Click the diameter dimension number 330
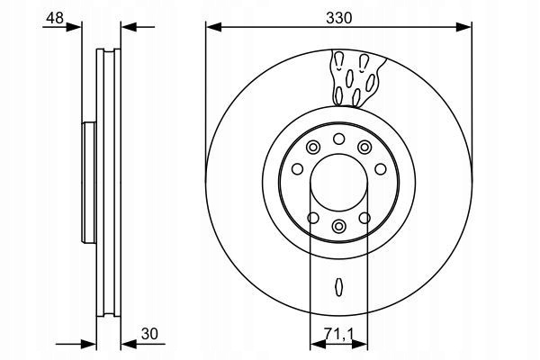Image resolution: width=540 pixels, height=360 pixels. [339, 18]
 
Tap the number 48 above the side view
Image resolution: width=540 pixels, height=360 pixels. [55, 18]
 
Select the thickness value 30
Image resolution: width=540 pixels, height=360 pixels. [149, 334]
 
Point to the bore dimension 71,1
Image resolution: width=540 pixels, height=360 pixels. [339, 334]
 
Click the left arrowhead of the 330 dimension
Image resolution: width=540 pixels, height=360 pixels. [213, 27]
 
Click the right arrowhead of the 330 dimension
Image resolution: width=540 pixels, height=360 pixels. [463, 27]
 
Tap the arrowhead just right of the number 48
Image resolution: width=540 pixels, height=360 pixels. [74, 27]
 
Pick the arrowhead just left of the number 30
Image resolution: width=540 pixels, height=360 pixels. [129, 346]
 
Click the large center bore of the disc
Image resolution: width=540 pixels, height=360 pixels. [339, 183]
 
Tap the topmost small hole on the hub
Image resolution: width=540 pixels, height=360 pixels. [339, 139]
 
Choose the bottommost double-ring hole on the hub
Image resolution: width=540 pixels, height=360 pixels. [339, 226]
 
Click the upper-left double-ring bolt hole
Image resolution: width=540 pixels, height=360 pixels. [313, 148]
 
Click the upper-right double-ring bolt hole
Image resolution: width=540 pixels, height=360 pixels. [364, 148]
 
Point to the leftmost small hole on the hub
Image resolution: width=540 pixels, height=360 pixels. [297, 169]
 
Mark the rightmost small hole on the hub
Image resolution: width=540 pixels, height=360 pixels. [381, 169]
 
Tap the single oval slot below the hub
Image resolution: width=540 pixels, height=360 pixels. [339, 286]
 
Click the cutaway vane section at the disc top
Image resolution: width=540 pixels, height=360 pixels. [356, 78]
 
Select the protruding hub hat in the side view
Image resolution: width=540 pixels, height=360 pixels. [89, 183]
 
